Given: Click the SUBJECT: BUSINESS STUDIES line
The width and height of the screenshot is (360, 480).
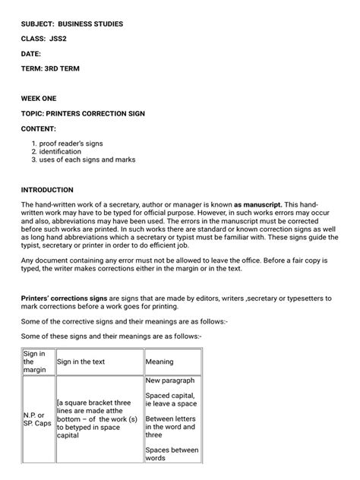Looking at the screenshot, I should (x=71, y=24).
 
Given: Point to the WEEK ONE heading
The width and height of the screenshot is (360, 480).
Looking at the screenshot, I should (x=39, y=99).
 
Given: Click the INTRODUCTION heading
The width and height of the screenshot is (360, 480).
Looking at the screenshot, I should (x=47, y=190).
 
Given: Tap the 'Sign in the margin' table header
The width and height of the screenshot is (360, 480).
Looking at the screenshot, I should (x=35, y=362).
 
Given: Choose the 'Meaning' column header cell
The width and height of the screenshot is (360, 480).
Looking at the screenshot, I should (x=159, y=362).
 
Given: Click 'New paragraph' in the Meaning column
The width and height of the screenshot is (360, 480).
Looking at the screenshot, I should (x=170, y=380).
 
